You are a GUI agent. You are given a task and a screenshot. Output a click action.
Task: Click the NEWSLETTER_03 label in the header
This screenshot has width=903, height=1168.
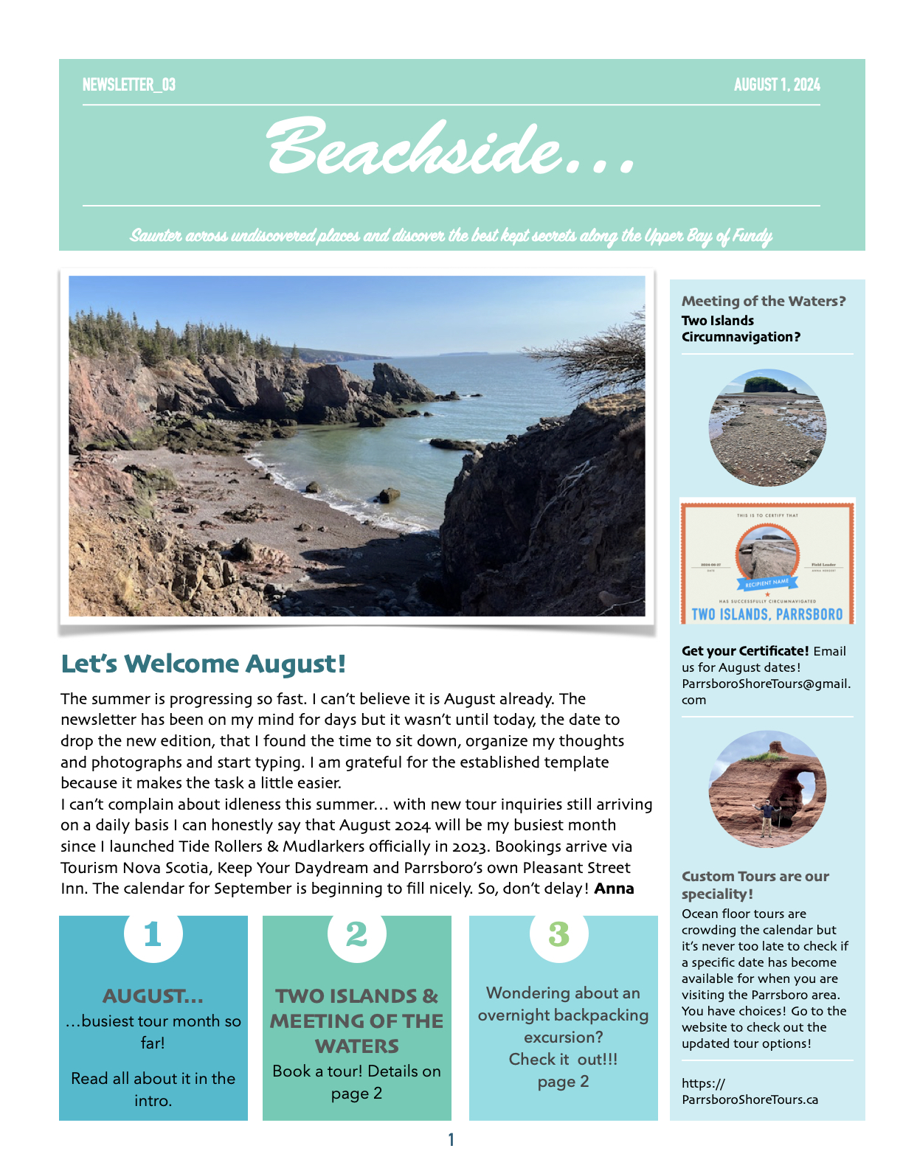[129, 85]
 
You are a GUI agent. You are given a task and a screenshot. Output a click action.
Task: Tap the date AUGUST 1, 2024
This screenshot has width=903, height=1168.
[776, 85]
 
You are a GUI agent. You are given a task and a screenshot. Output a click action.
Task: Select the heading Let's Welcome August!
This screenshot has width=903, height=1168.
[203, 664]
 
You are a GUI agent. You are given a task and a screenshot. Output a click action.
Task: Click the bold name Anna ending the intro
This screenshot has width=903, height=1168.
[614, 889]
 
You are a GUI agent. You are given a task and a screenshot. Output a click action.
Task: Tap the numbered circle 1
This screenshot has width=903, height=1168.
[153, 934]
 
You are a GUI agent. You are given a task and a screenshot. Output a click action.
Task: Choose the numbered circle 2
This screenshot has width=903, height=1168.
[356, 934]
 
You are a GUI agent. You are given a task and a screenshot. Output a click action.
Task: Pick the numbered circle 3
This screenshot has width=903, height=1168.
[559, 934]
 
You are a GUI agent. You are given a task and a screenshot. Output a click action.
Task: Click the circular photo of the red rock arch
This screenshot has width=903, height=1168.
[767, 789]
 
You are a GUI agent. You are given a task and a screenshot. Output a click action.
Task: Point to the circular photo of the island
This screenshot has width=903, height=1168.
[767, 428]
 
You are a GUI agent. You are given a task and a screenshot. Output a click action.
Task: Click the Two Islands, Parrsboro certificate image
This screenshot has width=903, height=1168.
[767, 562]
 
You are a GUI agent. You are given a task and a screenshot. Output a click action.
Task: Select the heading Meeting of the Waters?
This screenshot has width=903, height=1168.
[763, 301]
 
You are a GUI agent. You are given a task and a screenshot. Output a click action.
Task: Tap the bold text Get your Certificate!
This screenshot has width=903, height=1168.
[745, 651]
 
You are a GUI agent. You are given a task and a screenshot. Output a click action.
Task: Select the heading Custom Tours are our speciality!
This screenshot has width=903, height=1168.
[755, 885]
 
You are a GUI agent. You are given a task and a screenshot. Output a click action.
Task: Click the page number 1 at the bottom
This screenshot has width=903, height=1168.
[451, 1140]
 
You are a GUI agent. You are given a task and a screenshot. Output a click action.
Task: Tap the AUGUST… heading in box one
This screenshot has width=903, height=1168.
[153, 996]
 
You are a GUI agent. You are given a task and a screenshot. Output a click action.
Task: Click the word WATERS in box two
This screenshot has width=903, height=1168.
[356, 1046]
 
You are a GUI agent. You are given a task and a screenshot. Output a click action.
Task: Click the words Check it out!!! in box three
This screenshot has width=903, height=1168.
[563, 1060]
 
